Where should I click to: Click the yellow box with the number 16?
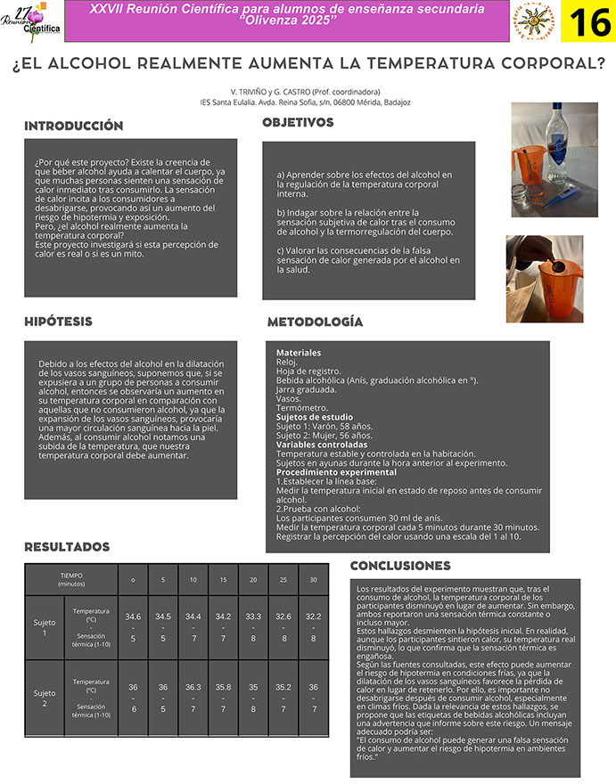589,22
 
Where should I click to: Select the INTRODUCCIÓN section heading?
73,127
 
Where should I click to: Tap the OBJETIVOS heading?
298,122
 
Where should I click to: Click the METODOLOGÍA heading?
315,322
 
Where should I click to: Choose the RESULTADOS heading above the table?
67,546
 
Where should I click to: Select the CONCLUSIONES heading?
400,566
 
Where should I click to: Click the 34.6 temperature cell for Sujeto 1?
133,617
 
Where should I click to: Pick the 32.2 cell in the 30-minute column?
313,617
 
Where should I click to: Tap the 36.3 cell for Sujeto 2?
193,687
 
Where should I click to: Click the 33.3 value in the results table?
253,617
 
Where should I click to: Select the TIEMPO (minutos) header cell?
71,579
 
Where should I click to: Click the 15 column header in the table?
223,580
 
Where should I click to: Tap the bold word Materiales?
299,353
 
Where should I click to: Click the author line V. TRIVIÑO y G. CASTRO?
306,92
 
